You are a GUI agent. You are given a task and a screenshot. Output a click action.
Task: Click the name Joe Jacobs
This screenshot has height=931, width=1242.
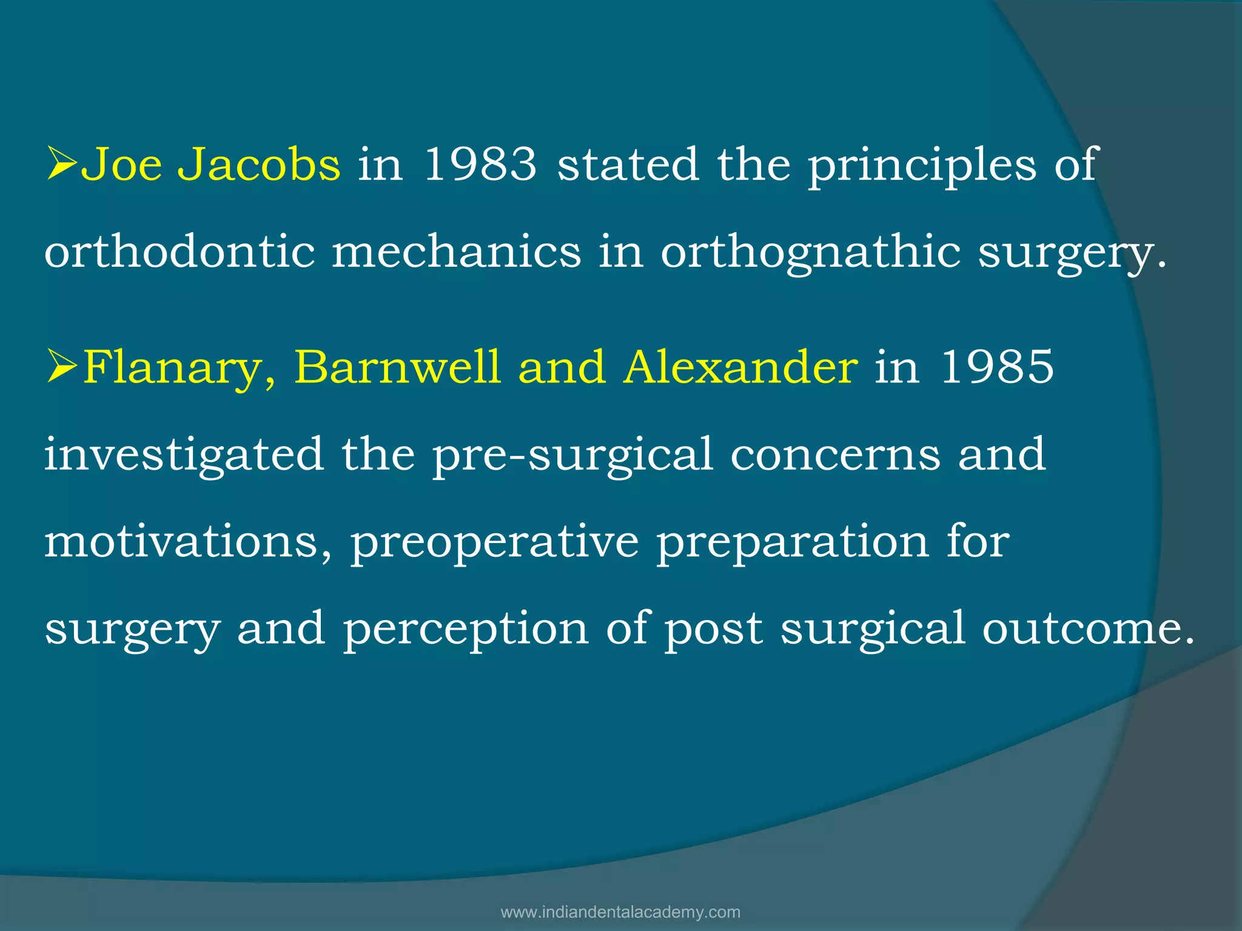click(x=210, y=165)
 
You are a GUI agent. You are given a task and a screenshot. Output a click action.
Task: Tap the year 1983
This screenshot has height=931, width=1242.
click(x=480, y=165)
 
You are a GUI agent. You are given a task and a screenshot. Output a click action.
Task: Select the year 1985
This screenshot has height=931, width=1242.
click(x=996, y=367)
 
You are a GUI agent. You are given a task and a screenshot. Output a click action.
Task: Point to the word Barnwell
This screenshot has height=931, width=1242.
click(x=397, y=367)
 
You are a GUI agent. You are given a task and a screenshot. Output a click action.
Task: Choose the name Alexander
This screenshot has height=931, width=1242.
click(x=740, y=367)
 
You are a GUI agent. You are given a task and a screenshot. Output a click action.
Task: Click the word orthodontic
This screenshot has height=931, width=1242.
click(x=180, y=252)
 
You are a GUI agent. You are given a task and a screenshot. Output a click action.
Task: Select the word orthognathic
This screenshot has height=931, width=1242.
click(x=810, y=253)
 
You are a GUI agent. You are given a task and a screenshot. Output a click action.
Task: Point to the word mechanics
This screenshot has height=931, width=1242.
click(x=456, y=252)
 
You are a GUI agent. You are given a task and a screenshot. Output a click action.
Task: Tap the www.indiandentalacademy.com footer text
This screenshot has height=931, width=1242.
click(x=620, y=912)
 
